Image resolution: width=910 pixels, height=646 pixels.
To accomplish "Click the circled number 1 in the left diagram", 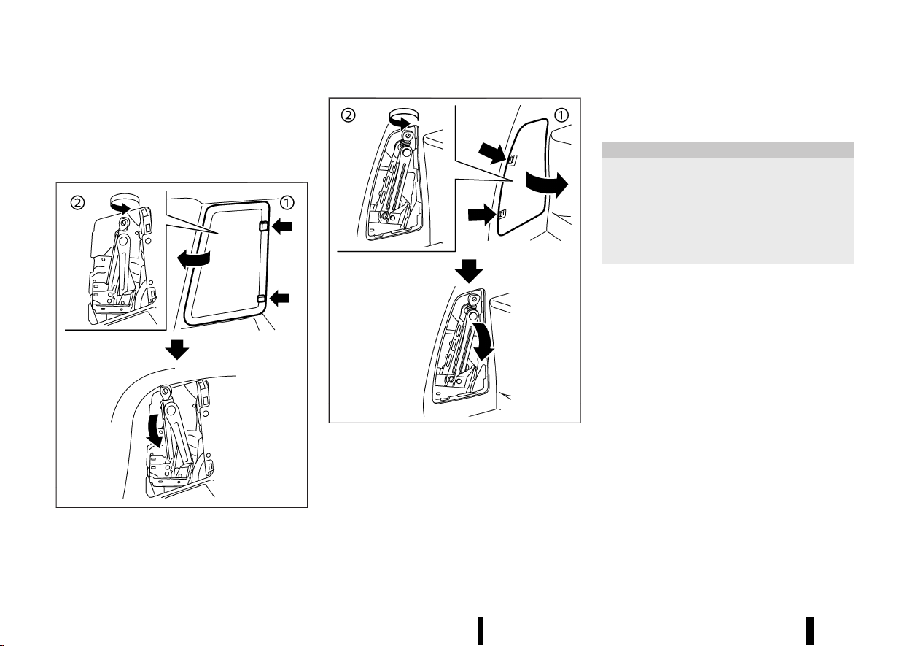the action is click(287, 203).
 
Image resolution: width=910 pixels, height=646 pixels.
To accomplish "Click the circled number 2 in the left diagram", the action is click(77, 203).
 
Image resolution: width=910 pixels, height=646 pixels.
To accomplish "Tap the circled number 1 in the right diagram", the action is click(561, 115).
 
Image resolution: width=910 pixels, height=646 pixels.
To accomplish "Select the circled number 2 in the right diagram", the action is click(348, 115).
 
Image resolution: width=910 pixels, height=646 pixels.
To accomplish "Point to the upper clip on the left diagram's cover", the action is click(263, 226).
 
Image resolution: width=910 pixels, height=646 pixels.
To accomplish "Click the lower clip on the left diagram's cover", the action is click(262, 300).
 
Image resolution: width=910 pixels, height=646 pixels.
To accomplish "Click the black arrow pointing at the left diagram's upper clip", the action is click(281, 226).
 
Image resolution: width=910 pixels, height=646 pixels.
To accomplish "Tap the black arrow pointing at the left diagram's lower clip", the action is click(279, 299).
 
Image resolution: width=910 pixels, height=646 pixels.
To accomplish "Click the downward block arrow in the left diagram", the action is click(177, 350).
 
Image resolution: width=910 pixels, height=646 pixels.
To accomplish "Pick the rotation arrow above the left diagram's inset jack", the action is click(124, 204).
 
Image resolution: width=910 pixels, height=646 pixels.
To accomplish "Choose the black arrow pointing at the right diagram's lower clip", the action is click(482, 215).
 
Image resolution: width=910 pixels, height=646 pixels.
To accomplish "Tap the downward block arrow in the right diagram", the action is click(469, 271).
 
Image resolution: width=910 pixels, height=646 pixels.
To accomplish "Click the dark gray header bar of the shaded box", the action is click(727, 150).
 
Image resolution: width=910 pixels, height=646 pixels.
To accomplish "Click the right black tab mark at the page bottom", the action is click(810, 631).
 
